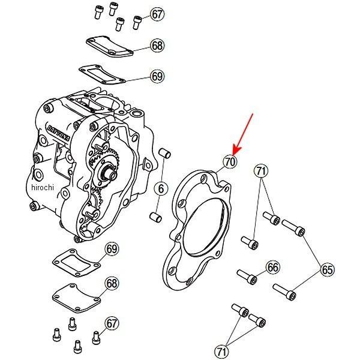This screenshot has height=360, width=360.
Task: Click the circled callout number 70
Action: click(x=230, y=161)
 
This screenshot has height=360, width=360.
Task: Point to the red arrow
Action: click(x=245, y=133)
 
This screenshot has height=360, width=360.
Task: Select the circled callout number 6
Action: click(x=161, y=189)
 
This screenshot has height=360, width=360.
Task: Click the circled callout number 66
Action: click(x=273, y=267)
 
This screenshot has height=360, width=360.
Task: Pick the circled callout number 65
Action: click(x=327, y=270)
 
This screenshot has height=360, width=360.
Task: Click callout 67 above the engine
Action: click(x=157, y=14)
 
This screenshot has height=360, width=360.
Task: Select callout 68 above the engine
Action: click(x=157, y=46)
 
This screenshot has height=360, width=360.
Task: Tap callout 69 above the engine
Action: click(x=157, y=76)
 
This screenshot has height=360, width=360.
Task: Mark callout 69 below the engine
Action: click(x=112, y=249)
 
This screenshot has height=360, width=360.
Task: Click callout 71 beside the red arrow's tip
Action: click(x=260, y=171)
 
